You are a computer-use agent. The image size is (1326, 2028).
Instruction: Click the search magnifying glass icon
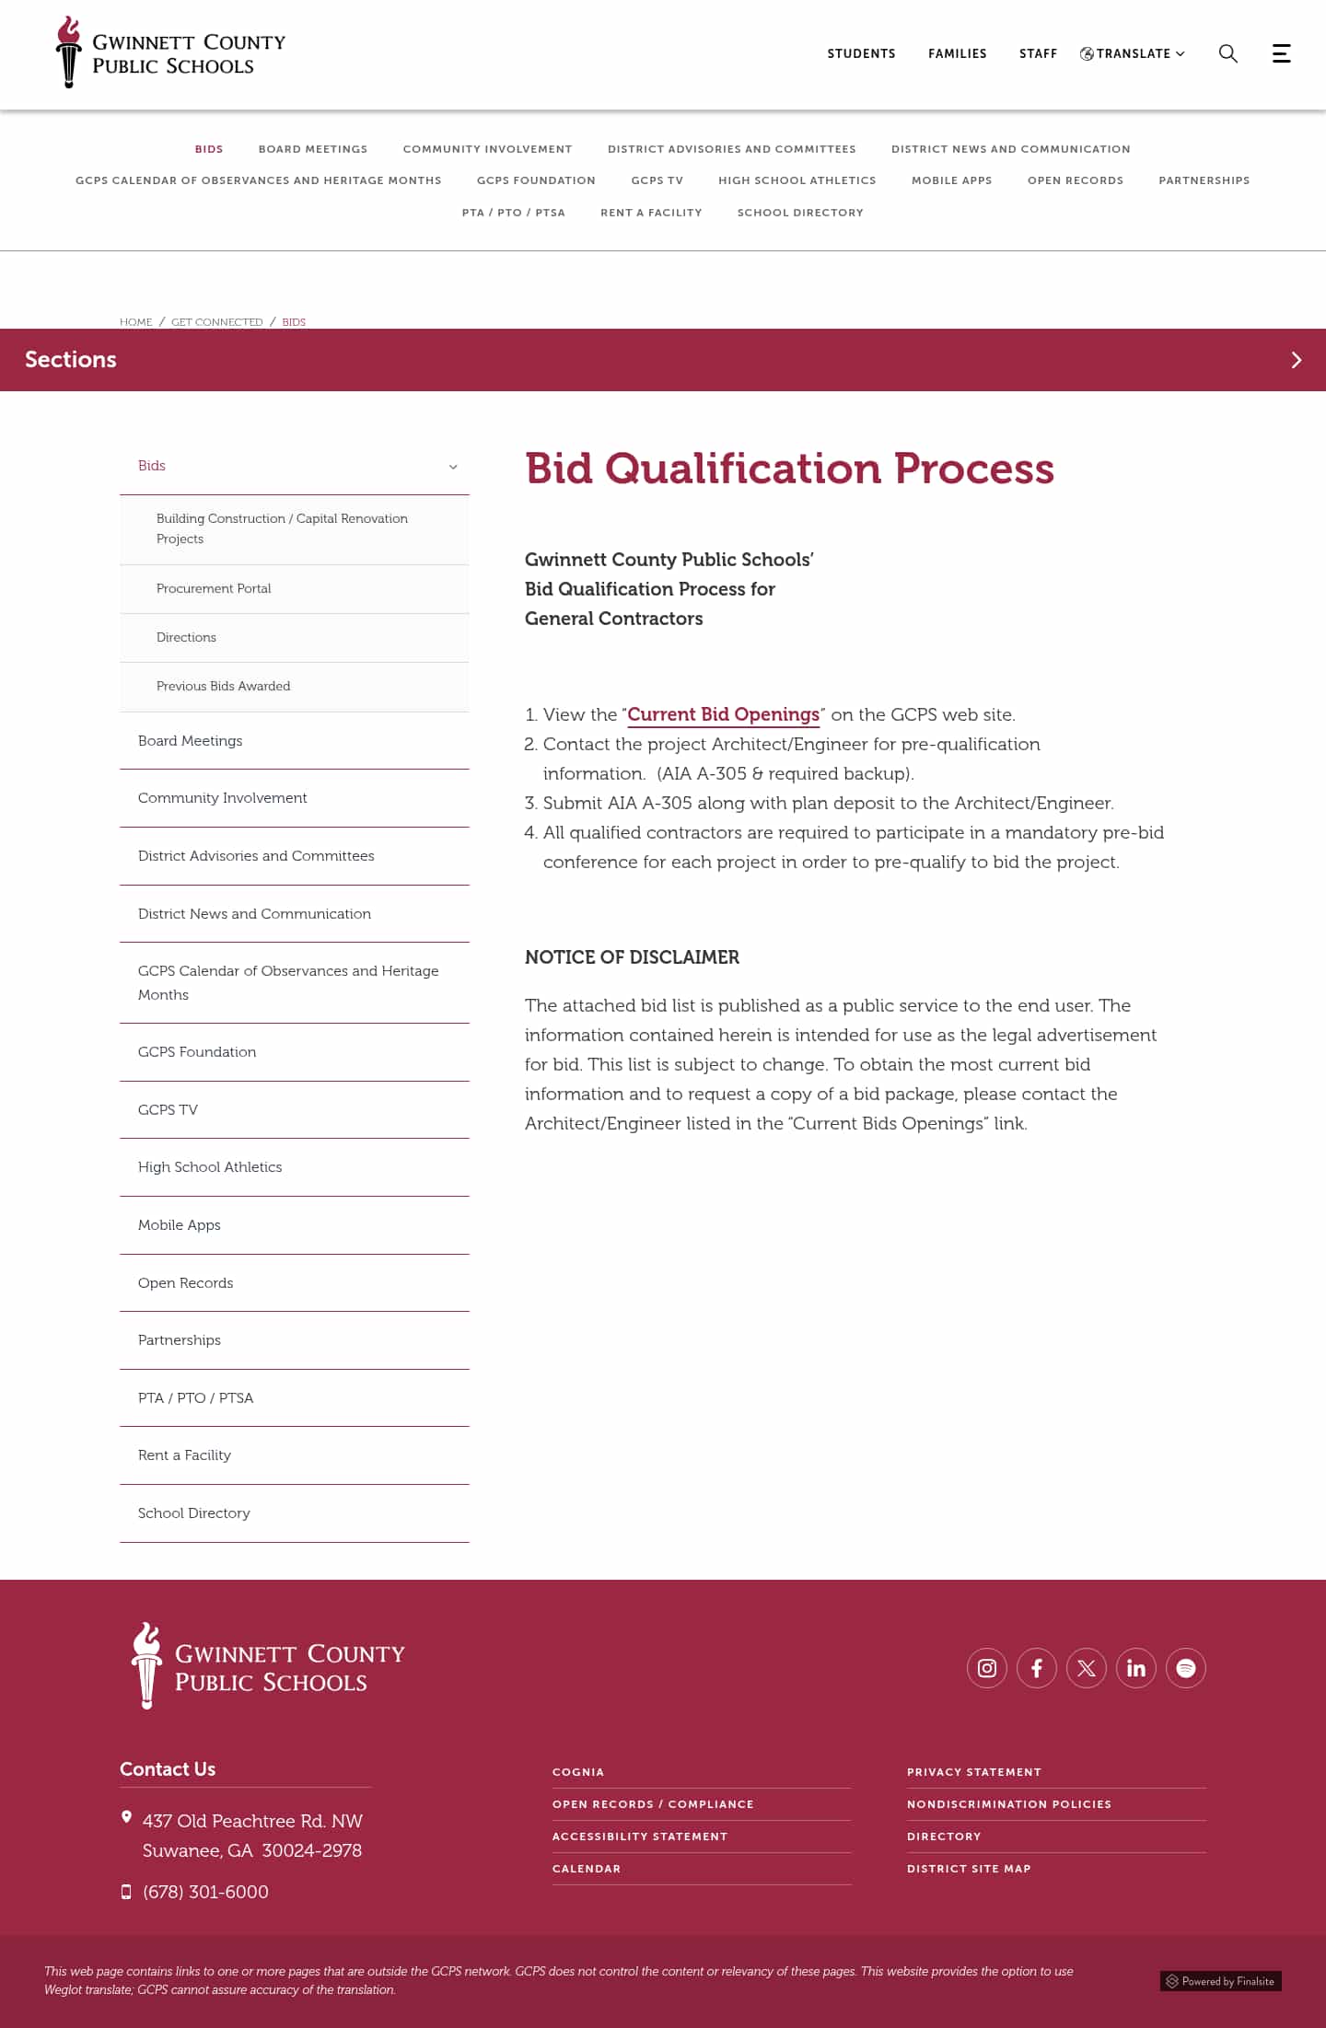1227,53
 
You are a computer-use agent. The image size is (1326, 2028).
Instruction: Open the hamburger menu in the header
1281,53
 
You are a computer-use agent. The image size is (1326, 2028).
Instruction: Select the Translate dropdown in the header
1133,53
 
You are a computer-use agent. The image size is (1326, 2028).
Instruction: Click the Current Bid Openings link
723,714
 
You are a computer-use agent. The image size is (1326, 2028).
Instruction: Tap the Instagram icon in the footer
986,1668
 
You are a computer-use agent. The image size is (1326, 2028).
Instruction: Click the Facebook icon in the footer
1036,1668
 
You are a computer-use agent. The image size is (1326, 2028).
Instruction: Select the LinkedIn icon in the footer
1135,1668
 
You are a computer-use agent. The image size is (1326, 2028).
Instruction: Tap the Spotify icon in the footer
1185,1668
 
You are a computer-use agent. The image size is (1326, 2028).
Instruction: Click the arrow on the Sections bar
1296,360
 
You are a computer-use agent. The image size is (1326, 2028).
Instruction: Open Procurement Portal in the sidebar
214,588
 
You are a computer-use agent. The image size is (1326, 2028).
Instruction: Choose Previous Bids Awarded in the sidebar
223,686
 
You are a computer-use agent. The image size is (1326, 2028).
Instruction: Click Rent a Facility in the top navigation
651,213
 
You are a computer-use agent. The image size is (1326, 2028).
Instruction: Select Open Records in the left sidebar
185,1282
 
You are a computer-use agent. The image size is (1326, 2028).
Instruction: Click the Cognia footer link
578,1772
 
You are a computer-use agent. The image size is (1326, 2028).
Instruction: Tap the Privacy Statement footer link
973,1772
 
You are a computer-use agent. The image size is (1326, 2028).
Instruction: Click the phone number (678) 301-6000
205,1892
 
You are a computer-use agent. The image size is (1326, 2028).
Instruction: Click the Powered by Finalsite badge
1220,1981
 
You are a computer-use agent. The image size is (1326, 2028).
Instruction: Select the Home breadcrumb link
136,322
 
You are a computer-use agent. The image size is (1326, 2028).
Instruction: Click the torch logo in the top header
68,52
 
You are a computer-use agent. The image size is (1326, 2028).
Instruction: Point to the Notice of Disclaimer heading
632,957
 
